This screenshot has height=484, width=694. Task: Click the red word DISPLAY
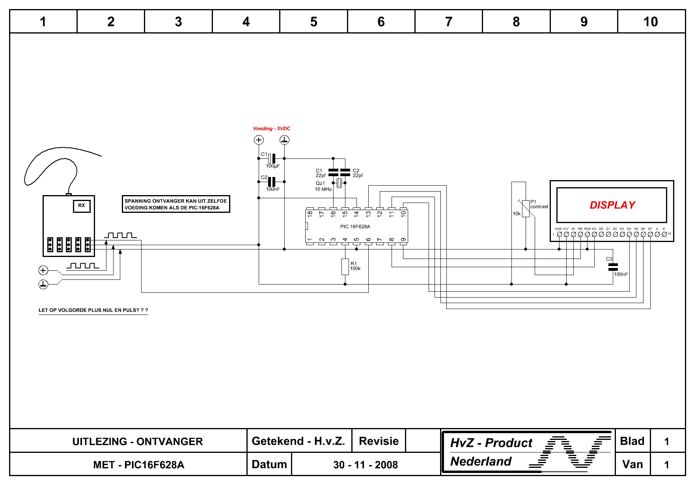[x=612, y=205]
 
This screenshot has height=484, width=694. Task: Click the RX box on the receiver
[x=82, y=206]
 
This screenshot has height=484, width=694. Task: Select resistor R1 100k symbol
[x=345, y=267]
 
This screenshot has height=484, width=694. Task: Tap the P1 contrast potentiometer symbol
[x=526, y=208]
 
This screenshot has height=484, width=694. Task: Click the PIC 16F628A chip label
[x=355, y=227]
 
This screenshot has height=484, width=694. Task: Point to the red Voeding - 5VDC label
[x=271, y=128]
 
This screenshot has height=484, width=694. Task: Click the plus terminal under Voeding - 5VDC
[x=259, y=140]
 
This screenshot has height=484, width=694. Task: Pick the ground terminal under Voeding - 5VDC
[x=284, y=140]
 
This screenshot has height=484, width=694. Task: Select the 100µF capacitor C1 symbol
[x=271, y=158]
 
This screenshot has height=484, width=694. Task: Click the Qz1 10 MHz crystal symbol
[x=339, y=183]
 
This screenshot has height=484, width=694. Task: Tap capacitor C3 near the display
[x=613, y=267]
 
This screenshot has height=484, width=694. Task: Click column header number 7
[x=449, y=22]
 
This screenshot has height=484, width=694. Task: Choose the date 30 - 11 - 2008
[x=366, y=465]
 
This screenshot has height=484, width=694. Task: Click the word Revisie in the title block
[x=379, y=441]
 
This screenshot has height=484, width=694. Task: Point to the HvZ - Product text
[x=491, y=443]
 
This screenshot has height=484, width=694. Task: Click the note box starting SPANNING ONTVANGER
[x=176, y=204]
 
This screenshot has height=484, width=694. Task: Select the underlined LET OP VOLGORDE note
[x=93, y=310]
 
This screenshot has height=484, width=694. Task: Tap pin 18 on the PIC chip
[x=310, y=213]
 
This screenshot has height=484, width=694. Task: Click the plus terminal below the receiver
[x=43, y=270]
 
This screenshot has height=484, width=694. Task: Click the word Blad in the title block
[x=632, y=441]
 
